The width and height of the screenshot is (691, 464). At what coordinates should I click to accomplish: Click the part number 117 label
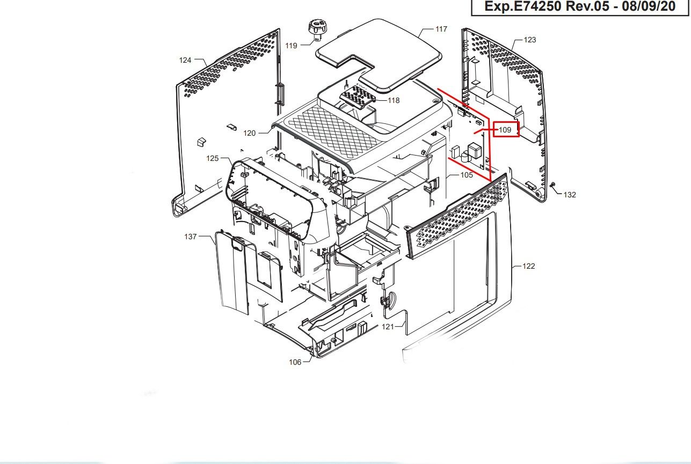(x=441, y=30)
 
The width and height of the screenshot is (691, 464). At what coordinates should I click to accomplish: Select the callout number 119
(x=291, y=46)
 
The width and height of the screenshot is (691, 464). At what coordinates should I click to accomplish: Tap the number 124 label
(x=185, y=61)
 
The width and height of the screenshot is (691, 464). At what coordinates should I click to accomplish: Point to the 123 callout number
(x=530, y=40)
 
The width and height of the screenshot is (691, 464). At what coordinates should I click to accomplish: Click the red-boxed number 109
(x=505, y=130)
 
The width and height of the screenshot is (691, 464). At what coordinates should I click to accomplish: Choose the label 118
(x=394, y=100)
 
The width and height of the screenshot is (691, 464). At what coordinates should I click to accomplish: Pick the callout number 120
(x=249, y=134)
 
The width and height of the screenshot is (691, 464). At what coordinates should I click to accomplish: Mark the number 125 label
(x=212, y=159)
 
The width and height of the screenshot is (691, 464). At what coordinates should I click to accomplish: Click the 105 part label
(x=467, y=175)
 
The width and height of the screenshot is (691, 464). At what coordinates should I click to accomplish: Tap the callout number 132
(x=570, y=195)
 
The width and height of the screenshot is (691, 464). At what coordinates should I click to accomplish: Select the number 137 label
(x=190, y=237)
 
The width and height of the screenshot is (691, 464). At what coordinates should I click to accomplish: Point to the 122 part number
(x=528, y=267)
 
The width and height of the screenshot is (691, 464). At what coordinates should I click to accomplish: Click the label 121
(x=388, y=327)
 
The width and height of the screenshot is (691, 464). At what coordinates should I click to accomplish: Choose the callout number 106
(x=295, y=362)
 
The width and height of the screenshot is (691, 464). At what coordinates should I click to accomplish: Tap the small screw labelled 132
(x=552, y=185)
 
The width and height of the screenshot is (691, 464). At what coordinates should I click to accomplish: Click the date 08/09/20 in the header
(x=649, y=6)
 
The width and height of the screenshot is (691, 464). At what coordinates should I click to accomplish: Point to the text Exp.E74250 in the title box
(x=523, y=6)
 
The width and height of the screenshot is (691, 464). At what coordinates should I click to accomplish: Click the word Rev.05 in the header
(x=588, y=6)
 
